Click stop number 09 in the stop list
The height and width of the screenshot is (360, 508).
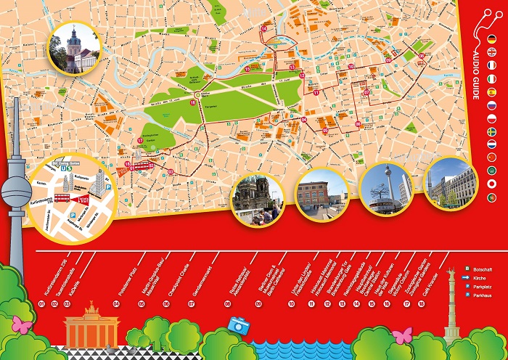pyautogui.click(x=259, y=303)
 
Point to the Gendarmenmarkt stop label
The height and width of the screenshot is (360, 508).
pyautogui.click(x=205, y=276)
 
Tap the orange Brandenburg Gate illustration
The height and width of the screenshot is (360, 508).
pyautogui.click(x=91, y=330)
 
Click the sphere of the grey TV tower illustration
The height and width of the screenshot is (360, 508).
pyautogui.click(x=16, y=193)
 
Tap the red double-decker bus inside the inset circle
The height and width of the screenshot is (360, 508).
pyautogui.click(x=63, y=196)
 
